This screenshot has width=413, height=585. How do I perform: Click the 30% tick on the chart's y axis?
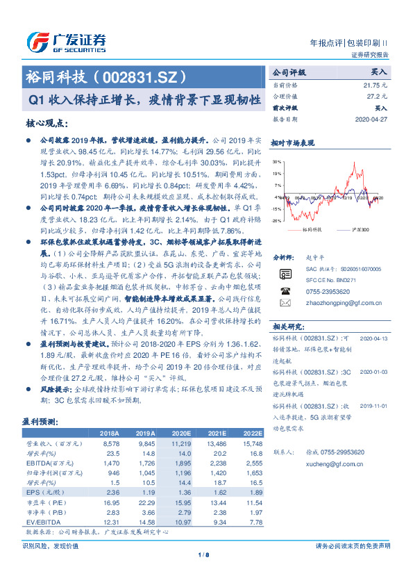(277, 161)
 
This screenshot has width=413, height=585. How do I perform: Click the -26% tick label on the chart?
(277, 220)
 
